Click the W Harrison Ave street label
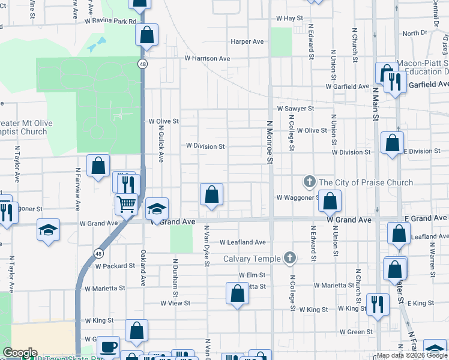tap(207, 59)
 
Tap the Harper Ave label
tap(247, 42)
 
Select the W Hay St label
tap(286, 19)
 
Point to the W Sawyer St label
tap(295, 109)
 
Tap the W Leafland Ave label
tap(243, 242)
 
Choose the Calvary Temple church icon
tap(290, 259)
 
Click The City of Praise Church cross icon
tap(309, 182)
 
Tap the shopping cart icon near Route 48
tap(126, 204)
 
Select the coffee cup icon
tap(109, 346)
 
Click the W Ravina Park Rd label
tap(110, 21)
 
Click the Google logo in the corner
tap(20, 353)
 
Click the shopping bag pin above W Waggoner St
tap(211, 194)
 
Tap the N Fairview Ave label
tap(78, 188)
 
